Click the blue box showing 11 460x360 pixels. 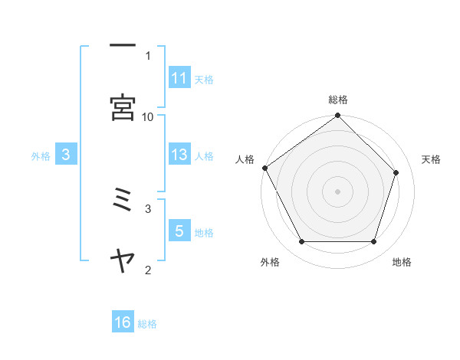click(179, 77)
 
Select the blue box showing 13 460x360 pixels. click(179, 154)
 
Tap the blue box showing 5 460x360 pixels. click(179, 231)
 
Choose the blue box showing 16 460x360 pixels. click(123, 322)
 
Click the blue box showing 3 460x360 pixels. click(66, 154)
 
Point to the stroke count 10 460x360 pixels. click(148, 116)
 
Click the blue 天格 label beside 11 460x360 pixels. click(204, 79)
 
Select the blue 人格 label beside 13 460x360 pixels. click(204, 155)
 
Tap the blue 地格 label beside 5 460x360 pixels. click(204, 232)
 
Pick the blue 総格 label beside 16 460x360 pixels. click(147, 324)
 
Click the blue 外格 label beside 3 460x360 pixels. click(41, 155)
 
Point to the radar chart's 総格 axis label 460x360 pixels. click(338, 100)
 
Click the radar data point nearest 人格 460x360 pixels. click(265, 168)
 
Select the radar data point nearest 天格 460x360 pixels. click(396, 172)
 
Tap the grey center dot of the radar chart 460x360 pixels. click(338, 191)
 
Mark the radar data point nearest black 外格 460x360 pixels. click(301, 242)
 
